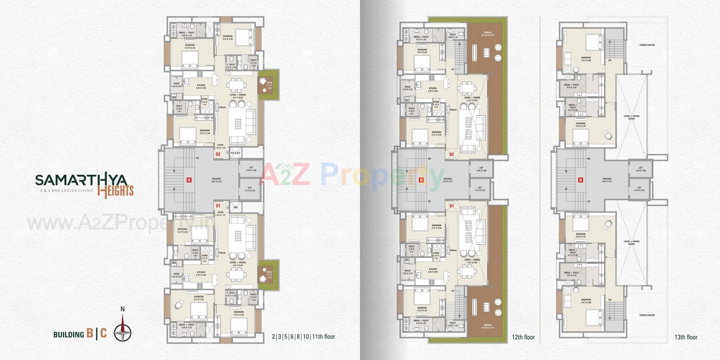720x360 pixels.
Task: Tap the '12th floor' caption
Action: pos(523,337)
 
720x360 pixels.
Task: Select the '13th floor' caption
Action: pos(685,337)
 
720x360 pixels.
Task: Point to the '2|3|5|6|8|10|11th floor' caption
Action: pos(303,336)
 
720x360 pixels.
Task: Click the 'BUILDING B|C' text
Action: pos(80,334)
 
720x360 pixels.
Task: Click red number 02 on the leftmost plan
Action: pos(217,154)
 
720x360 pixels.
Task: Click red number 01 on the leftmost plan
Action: pos(217,205)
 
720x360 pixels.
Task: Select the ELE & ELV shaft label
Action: pos(235,153)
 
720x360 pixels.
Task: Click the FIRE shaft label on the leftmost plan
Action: pos(235,207)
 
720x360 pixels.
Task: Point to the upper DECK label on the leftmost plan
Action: pos(269,84)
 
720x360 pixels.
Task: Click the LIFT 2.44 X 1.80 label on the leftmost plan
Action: pos(251,169)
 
